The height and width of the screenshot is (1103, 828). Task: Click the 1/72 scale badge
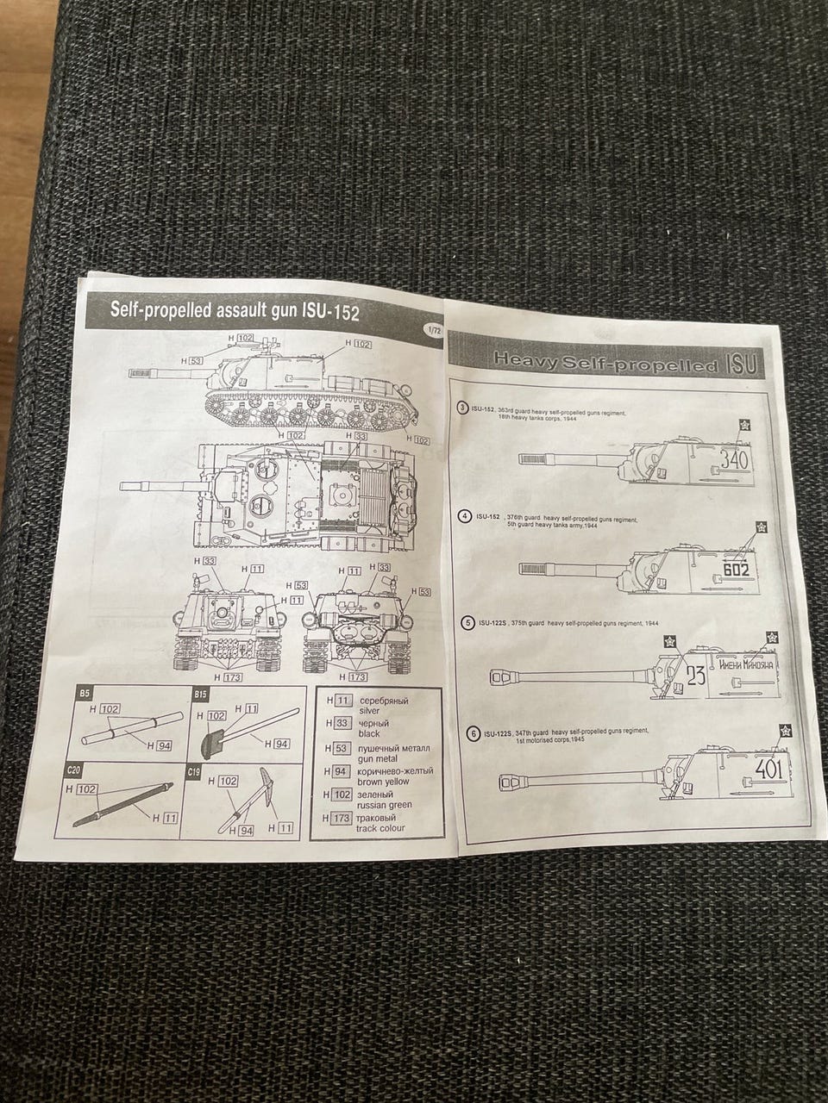430,329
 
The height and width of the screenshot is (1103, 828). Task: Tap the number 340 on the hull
734,461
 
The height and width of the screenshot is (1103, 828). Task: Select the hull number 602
736,570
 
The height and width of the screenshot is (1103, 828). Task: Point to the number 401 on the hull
768,768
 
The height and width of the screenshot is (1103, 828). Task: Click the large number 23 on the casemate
696,676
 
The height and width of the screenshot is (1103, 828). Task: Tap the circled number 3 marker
463,408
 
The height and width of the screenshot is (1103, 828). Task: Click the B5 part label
85,694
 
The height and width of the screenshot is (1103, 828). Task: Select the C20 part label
72,767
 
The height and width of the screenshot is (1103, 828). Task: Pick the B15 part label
202,695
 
